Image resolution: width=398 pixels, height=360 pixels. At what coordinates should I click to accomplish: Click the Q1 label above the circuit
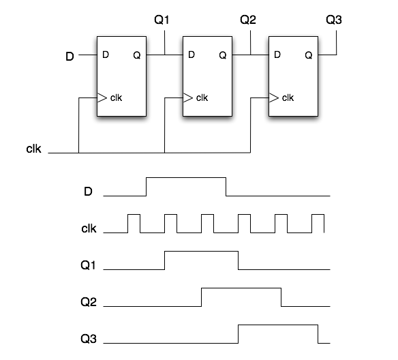[162, 20]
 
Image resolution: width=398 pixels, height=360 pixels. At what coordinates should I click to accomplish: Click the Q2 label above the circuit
[248, 20]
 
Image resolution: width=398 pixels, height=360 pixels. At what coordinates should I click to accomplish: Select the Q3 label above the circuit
[333, 20]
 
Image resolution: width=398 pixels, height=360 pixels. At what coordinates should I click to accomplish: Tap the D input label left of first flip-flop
[70, 57]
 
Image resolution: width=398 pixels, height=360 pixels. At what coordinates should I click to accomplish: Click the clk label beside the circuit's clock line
[33, 149]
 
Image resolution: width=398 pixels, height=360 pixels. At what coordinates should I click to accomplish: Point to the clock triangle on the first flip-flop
[102, 97]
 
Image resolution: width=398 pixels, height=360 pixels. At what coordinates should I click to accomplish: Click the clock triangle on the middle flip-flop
[188, 97]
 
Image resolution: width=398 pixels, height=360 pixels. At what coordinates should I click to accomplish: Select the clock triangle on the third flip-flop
[274, 97]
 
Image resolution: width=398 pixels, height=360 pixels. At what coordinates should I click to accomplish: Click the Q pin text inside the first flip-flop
[137, 55]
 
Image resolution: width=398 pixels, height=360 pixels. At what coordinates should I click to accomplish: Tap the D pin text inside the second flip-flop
[192, 55]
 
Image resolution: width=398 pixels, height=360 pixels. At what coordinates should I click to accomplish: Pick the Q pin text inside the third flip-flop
[309, 55]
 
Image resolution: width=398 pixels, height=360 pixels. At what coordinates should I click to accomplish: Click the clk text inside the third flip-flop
[288, 97]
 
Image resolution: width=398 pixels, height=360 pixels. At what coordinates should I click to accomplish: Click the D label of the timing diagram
[88, 192]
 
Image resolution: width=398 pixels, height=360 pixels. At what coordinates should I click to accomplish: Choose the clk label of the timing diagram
[89, 228]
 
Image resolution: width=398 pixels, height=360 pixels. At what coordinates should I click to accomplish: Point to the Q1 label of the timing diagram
[88, 265]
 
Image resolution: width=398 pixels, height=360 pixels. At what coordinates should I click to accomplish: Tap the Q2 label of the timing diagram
[89, 302]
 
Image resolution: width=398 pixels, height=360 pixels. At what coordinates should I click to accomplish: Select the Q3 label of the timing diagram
[89, 339]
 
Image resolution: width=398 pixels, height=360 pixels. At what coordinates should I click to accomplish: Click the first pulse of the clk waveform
[134, 215]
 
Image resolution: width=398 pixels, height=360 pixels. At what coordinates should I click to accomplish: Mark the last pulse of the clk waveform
[318, 215]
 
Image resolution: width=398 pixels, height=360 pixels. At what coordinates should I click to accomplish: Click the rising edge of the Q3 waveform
[239, 334]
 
